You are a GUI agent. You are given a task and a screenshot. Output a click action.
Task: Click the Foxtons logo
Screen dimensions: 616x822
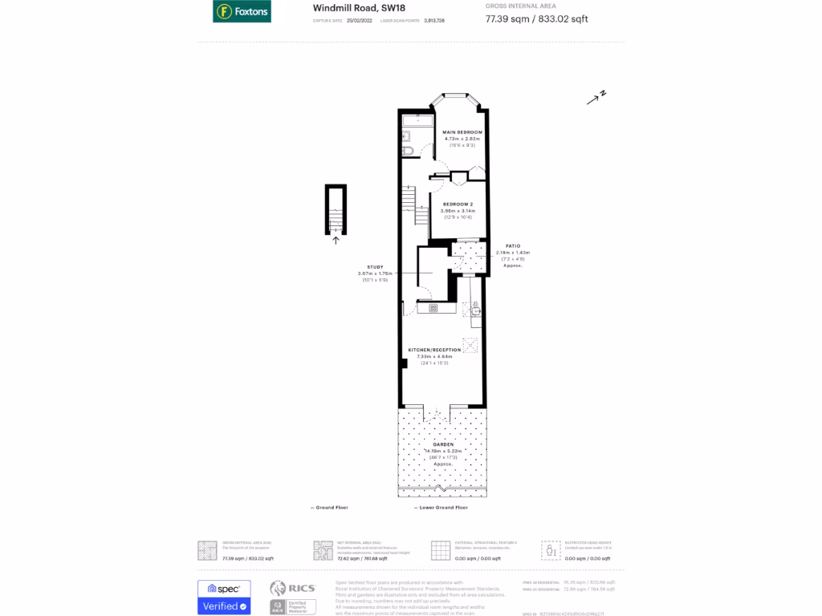(242, 11)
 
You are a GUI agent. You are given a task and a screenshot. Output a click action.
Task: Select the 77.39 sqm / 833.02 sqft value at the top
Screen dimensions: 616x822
(536, 19)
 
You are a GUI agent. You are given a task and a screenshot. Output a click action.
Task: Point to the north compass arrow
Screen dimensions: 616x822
(596, 98)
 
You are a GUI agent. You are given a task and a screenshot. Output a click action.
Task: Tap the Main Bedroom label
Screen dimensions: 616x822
(464, 132)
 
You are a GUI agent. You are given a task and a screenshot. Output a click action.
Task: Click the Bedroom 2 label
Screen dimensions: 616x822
(458, 204)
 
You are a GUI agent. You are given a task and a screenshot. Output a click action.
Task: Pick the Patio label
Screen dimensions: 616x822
(513, 245)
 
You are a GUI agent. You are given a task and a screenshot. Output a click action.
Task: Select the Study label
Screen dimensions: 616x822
(375, 267)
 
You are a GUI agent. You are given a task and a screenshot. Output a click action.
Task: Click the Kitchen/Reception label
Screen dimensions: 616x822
(434, 350)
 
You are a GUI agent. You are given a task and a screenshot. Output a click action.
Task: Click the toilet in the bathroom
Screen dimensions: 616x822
(408, 150)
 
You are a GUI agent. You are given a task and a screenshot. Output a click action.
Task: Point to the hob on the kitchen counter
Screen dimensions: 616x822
(433, 307)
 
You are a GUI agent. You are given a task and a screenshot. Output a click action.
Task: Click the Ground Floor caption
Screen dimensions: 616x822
(332, 508)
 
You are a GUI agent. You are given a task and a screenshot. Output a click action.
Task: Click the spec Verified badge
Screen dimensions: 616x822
(224, 598)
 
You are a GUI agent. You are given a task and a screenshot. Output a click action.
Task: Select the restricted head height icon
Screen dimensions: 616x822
(551, 551)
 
